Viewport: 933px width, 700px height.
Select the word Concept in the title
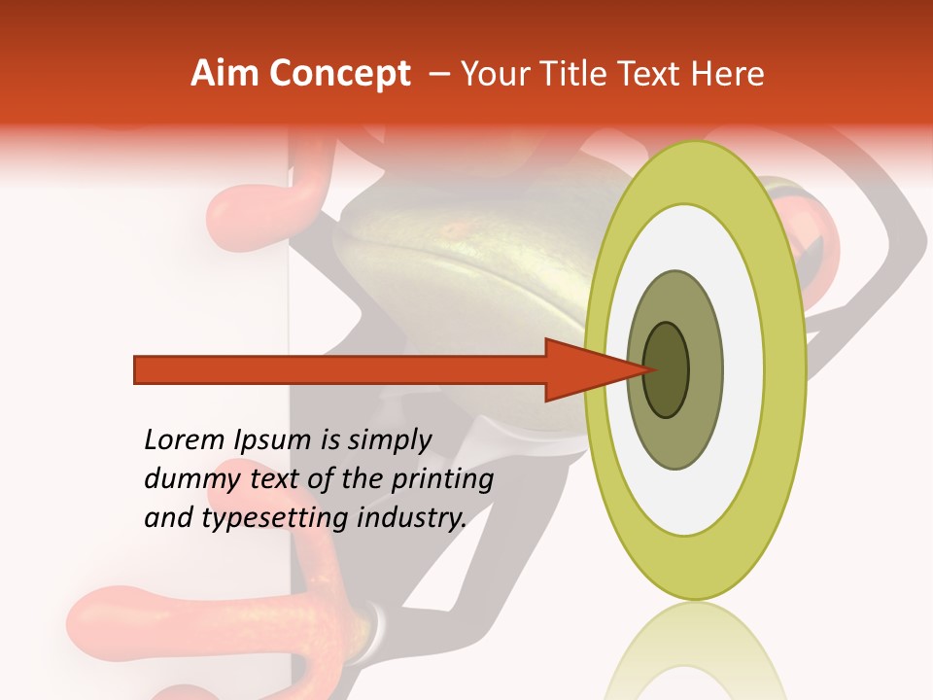tap(338, 74)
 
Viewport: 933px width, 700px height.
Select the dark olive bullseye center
tap(667, 369)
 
